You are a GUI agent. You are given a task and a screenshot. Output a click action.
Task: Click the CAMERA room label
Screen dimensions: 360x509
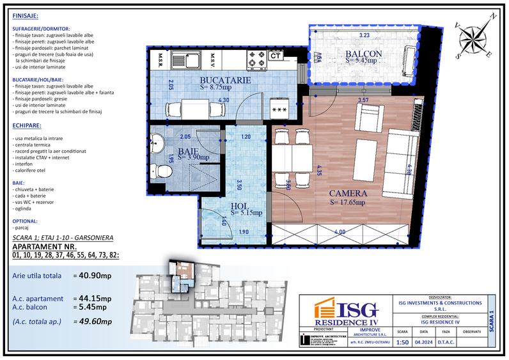pyautogui.click(x=348, y=193)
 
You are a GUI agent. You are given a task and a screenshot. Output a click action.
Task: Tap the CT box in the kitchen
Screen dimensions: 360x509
pyautogui.click(x=276, y=56)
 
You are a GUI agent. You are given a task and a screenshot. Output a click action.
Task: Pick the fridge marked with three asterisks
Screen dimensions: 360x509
pyautogui.click(x=279, y=109)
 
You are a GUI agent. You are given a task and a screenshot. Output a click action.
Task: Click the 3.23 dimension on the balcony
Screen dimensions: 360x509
pyautogui.click(x=364, y=36)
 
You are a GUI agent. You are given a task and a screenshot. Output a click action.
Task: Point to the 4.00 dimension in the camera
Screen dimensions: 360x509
pyautogui.click(x=340, y=231)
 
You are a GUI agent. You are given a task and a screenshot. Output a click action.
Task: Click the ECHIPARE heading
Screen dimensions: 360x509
pyautogui.click(x=26, y=126)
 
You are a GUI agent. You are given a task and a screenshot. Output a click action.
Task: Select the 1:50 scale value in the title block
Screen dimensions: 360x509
pyautogui.click(x=402, y=343)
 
